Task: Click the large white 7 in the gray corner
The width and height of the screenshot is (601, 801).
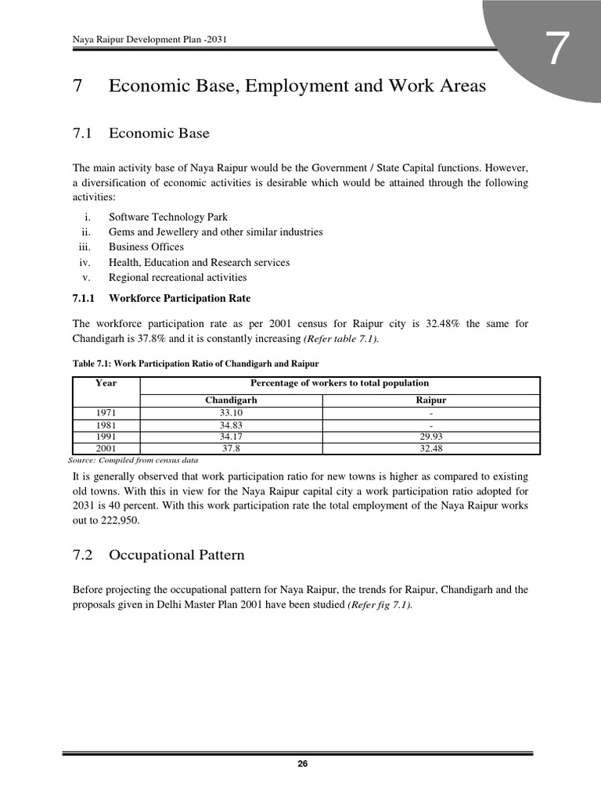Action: pos(556,50)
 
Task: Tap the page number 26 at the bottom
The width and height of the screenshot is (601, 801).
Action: pos(301,764)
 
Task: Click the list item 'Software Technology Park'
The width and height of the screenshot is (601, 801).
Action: pos(168,217)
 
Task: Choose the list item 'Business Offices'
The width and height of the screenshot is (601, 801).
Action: pos(146,247)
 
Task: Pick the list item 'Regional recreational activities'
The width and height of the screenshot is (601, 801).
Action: pos(178,278)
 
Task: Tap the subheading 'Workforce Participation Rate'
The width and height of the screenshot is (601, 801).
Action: pos(179,299)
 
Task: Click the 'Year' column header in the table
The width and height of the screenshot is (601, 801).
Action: pos(106,383)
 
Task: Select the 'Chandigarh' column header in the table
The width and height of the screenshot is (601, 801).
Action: pos(231,400)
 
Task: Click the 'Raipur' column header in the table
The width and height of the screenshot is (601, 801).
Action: pos(431,400)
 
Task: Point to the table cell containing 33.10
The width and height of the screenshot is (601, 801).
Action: pos(231,412)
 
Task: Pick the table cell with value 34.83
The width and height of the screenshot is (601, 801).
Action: pos(231,425)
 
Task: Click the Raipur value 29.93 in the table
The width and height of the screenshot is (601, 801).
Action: pos(431,436)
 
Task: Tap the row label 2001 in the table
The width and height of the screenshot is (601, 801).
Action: pos(106,449)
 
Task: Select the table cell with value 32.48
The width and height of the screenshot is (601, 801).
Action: pos(431,449)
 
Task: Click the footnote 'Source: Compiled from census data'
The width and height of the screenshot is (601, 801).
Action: pos(134,462)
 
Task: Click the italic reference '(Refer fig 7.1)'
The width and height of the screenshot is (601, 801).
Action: pos(380,605)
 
